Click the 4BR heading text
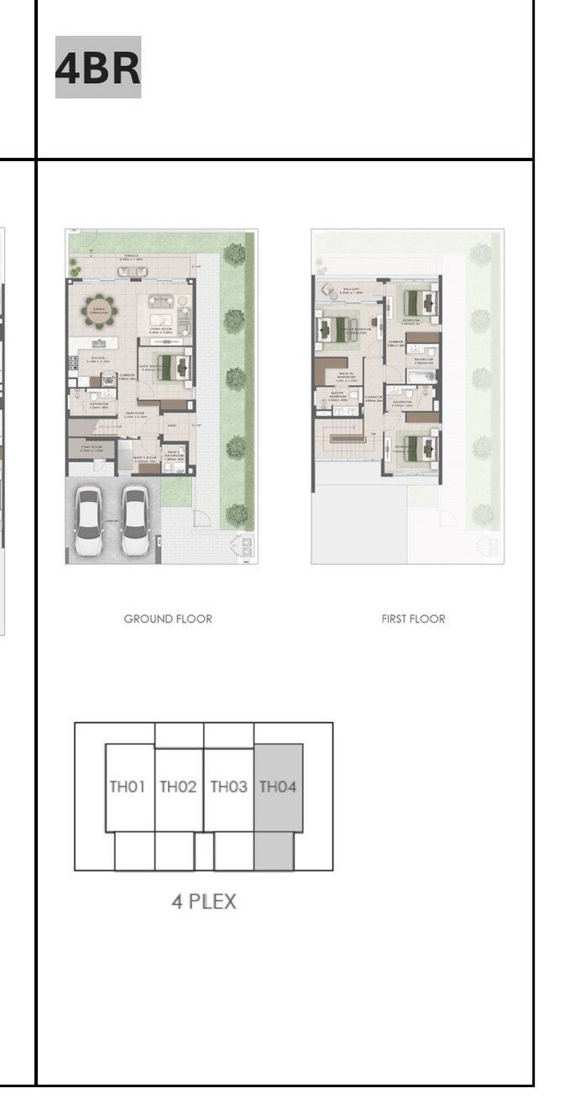(x=97, y=67)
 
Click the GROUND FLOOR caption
(x=168, y=619)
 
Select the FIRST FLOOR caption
(x=413, y=619)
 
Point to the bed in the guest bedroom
(x=173, y=367)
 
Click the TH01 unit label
(x=128, y=787)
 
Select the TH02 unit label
(x=178, y=787)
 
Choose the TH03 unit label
(x=228, y=787)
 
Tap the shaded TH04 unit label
(x=278, y=787)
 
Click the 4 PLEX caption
(x=204, y=902)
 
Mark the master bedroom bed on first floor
(x=335, y=328)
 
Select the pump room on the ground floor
(x=91, y=448)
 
